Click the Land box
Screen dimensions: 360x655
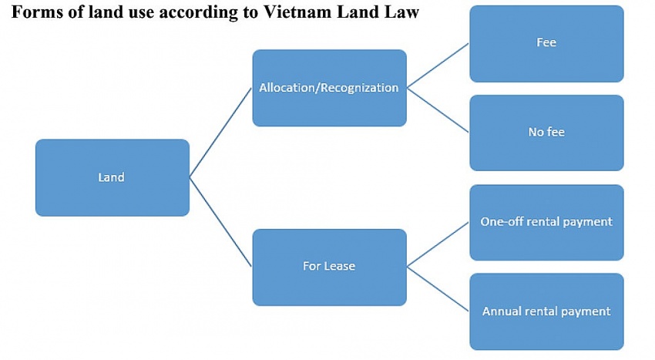point(112,177)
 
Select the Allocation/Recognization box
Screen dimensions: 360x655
point(329,88)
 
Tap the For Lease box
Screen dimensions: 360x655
point(329,267)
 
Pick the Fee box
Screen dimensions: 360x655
point(546,43)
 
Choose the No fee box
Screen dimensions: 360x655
point(546,133)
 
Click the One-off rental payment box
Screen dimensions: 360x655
point(546,222)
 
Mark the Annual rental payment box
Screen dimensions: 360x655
point(546,311)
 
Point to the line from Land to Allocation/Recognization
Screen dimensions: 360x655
point(221,132)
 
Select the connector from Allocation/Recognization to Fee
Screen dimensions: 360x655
point(438,66)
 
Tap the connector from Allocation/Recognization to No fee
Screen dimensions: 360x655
point(438,110)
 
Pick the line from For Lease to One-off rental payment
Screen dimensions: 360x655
point(438,244)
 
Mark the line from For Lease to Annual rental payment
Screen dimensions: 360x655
point(438,289)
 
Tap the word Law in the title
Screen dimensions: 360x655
point(401,13)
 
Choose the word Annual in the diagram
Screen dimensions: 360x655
point(502,311)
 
